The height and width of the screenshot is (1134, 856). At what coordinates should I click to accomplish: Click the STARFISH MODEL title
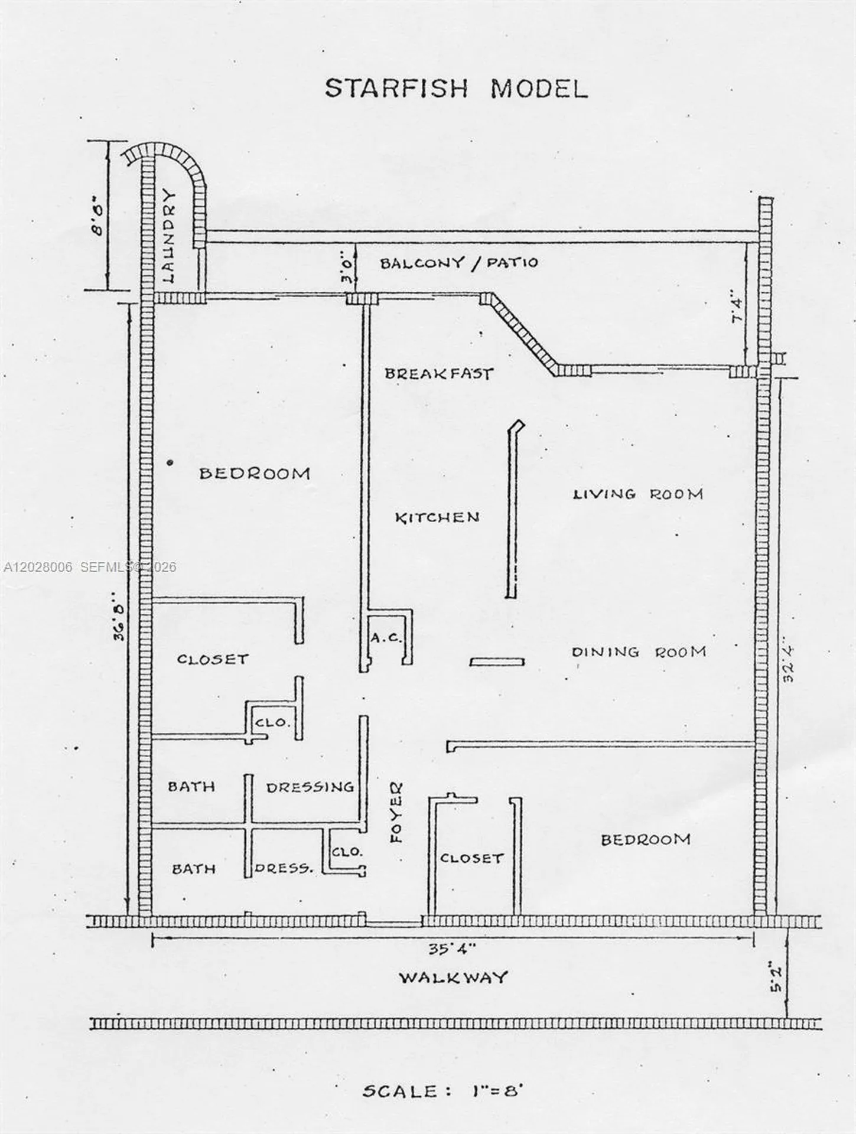[x=456, y=89]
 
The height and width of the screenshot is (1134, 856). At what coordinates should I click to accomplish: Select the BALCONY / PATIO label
[x=459, y=262]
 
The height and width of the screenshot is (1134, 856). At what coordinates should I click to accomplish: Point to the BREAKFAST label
[x=438, y=373]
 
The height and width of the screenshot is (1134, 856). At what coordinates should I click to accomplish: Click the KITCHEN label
[x=437, y=518]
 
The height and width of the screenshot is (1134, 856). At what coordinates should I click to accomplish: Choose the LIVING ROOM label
[x=638, y=493]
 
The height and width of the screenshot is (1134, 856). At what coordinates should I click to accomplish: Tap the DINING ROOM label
[x=639, y=651]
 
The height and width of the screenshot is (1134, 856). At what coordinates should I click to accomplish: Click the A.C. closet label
[x=386, y=638]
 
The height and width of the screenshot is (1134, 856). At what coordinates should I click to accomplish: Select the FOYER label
[x=395, y=812]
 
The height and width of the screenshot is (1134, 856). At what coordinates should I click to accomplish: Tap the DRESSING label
[x=310, y=787]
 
